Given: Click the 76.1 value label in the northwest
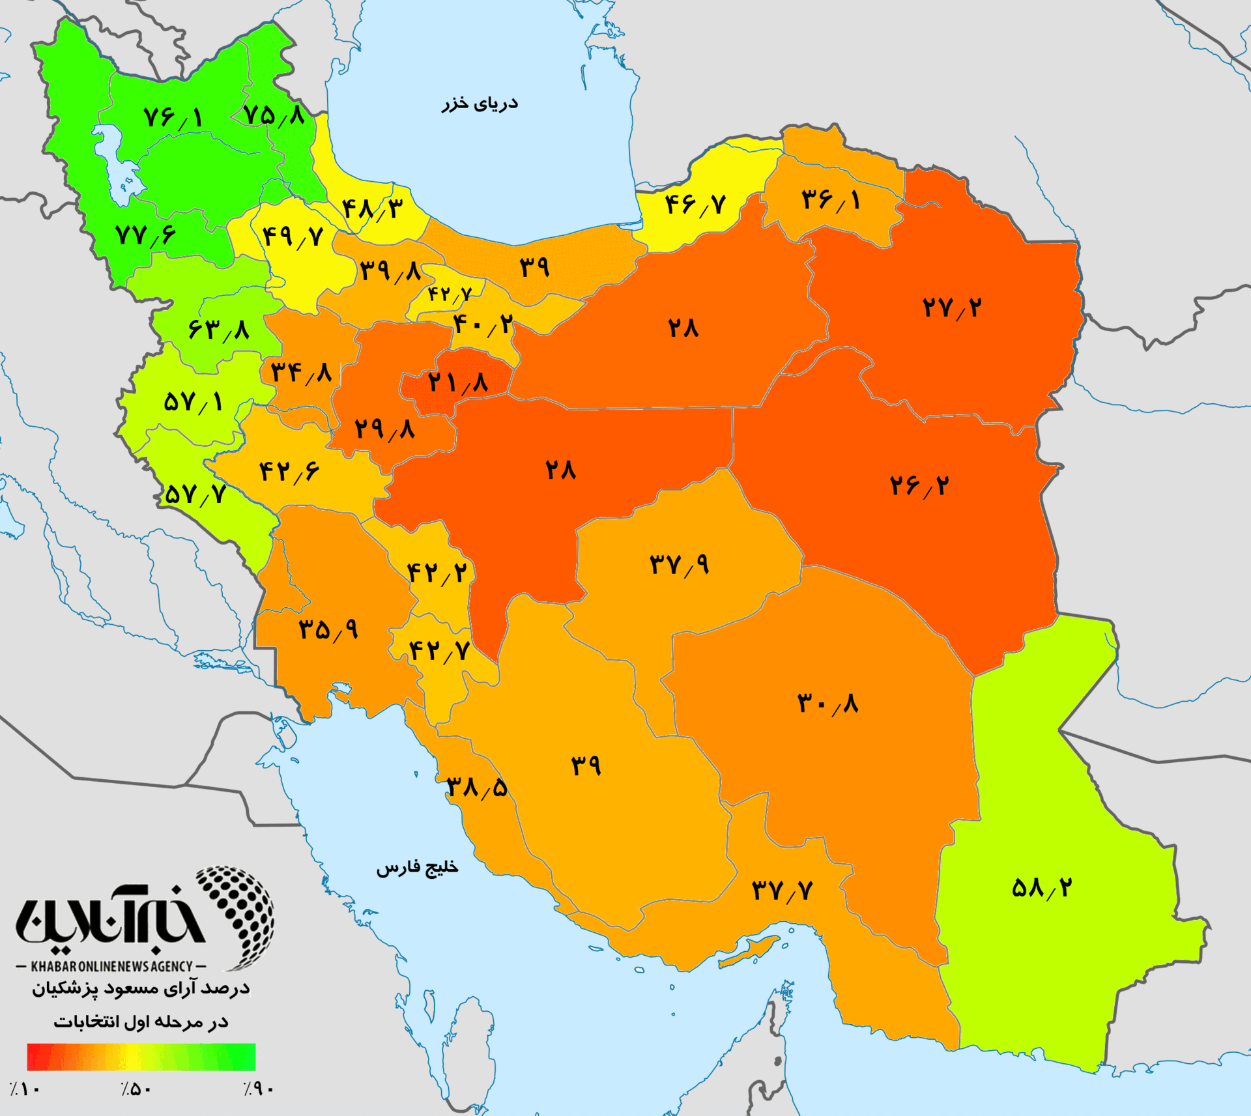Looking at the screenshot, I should [173, 118].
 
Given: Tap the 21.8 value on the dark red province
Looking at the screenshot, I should [457, 382].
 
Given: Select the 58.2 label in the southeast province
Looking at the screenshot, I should [1041, 887].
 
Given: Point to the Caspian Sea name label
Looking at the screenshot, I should [480, 104].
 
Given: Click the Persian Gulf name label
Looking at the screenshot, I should [417, 868].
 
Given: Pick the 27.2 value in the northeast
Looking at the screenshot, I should [951, 308].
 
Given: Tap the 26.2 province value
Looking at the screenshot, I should [919, 485].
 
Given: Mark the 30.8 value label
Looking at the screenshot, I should [827, 704].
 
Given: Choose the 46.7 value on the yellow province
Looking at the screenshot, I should [695, 205].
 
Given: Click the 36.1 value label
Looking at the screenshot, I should [830, 199].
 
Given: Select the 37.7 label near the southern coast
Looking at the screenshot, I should [782, 890].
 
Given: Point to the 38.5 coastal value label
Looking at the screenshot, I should [476, 788].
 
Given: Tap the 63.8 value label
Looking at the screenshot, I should [218, 330].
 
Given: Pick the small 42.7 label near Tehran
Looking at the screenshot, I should [449, 294].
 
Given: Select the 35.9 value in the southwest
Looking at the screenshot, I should [328, 629].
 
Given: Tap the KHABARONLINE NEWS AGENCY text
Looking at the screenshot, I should [111, 966].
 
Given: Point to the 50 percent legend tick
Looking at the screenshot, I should [136, 1089].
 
